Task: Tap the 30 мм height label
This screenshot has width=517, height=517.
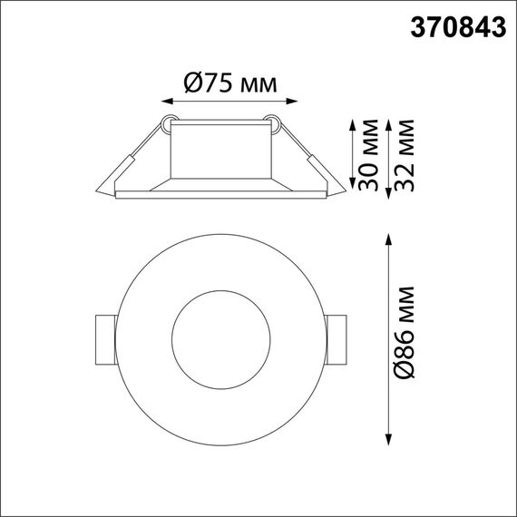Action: (x=368, y=155)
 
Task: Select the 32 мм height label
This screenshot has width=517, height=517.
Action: (x=405, y=155)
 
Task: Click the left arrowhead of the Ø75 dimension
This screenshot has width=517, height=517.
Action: (x=166, y=102)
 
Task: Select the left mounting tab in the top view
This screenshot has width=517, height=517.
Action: (x=103, y=337)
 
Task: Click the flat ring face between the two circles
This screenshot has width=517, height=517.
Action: (x=150, y=337)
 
